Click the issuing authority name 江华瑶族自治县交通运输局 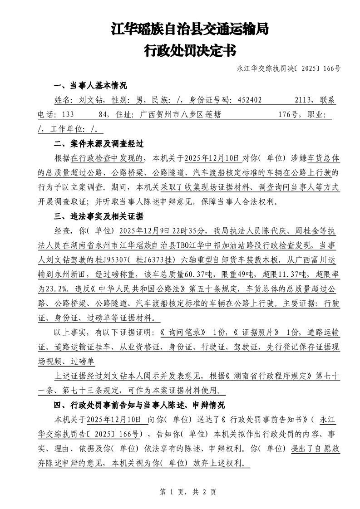tap(189, 30)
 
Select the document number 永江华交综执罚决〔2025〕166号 tap(289, 69)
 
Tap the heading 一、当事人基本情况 tap(90, 86)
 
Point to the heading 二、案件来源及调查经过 tap(99, 144)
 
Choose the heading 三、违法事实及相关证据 tap(99, 215)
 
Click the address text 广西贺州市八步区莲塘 tap(181, 115)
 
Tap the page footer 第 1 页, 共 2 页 tap(180, 492)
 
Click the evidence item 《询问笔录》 tap(186, 333)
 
